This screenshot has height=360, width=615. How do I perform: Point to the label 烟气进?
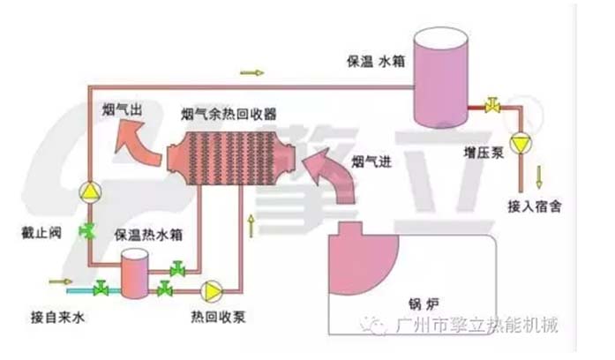(x=369, y=161)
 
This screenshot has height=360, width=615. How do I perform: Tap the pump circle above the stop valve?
(x=89, y=191)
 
